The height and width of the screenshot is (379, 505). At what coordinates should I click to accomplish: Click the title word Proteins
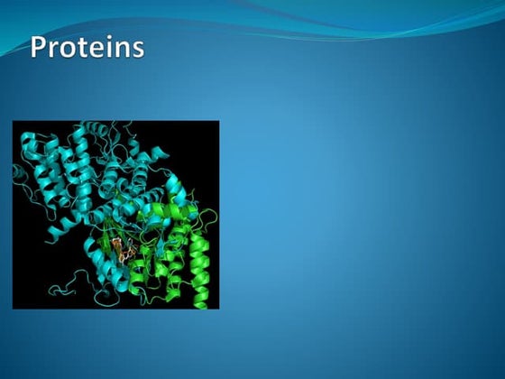[x=87, y=47]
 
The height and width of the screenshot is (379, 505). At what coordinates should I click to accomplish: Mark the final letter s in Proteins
[x=136, y=50]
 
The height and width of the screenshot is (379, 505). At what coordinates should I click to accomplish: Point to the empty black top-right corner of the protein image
[x=203, y=135]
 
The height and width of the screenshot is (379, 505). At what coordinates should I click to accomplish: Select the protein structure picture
[x=115, y=215]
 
